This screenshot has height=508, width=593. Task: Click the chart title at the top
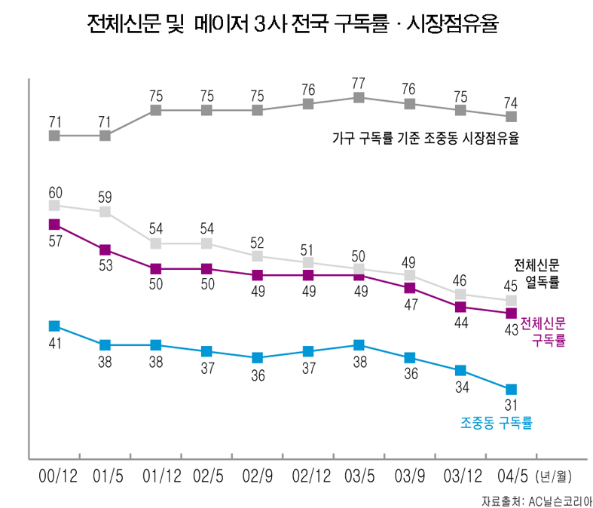point(293,26)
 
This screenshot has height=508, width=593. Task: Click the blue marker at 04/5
point(512,389)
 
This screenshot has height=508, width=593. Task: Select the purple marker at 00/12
point(54,224)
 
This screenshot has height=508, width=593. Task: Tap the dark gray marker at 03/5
point(359,97)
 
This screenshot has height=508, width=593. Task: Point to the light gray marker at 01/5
point(105,212)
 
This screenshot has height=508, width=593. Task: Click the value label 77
point(359,82)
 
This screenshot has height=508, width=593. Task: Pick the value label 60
point(54,191)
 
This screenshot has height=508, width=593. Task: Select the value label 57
point(54,241)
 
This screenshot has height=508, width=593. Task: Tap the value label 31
point(512,407)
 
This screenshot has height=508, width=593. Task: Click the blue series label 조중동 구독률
point(497,424)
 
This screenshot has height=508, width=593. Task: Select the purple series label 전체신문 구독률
point(543,331)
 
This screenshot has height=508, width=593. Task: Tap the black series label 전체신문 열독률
point(537,274)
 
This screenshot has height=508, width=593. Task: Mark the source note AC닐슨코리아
point(536,500)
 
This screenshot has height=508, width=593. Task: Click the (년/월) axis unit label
point(554,477)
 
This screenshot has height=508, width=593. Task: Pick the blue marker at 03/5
point(359,345)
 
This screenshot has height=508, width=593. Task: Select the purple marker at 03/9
point(409,288)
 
